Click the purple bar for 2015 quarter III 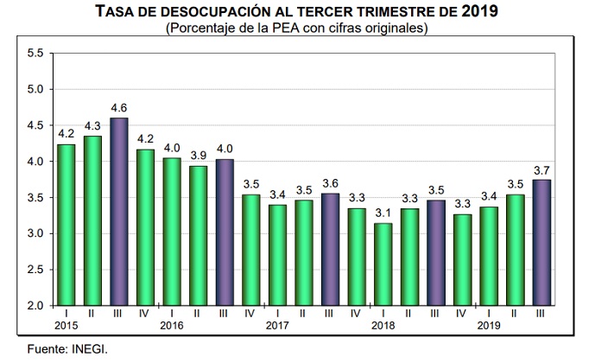coord(120,212)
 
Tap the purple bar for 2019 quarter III coord(542,243)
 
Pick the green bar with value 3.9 coord(199,236)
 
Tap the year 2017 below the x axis coord(276,327)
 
